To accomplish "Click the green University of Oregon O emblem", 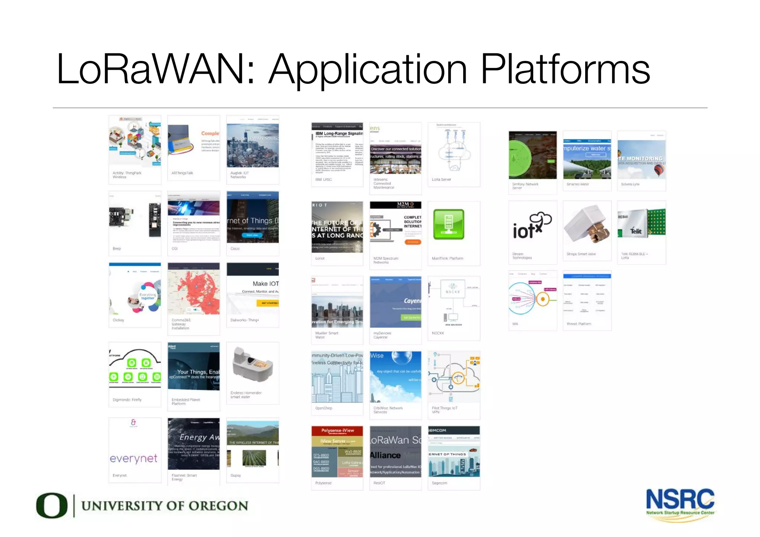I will (52, 505).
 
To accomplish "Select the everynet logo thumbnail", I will (134, 458).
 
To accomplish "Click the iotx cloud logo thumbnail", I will (532, 226).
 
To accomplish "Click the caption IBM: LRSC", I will (324, 179).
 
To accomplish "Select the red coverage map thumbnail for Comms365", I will (193, 289).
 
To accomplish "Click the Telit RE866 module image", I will (641, 223).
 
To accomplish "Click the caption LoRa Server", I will (441, 179).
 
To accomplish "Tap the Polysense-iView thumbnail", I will (337, 451).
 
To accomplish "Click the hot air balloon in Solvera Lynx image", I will (659, 170).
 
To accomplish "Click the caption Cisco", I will (235, 248).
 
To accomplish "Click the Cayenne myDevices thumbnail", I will (395, 302).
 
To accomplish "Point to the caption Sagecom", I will (439, 483).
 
